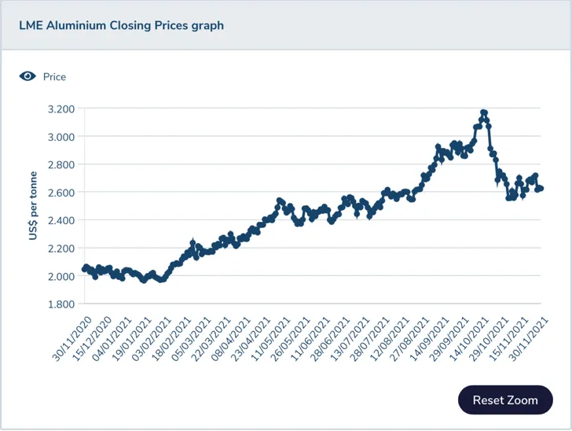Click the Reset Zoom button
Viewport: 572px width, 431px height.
(505, 400)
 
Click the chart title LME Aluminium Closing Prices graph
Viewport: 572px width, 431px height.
(121, 25)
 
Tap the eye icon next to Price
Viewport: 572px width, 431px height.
(27, 76)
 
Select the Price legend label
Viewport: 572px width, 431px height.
(54, 77)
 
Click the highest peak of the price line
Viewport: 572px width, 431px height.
(484, 112)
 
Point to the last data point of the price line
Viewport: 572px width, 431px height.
(541, 189)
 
